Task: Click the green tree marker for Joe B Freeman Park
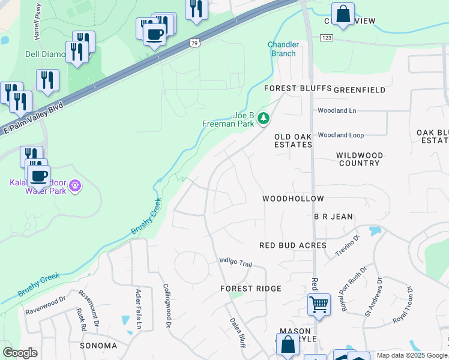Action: (263, 120)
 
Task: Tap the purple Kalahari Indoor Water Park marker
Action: (74, 186)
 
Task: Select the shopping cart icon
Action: (319, 304)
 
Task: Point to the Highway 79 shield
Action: (193, 43)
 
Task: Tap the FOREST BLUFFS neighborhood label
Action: (298, 89)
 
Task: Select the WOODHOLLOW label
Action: (293, 199)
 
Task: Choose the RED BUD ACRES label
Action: (293, 245)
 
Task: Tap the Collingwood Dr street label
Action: (167, 306)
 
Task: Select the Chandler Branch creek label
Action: (282, 49)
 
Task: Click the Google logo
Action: (20, 353)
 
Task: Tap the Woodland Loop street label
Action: (340, 136)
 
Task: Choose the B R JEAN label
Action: (333, 217)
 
